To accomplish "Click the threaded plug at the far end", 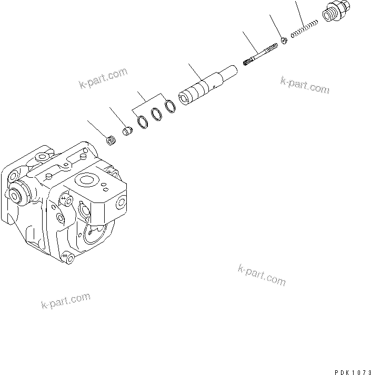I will coord(334,12).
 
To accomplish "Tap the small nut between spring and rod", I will coord(284,40).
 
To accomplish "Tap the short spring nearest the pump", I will coord(111,140).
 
